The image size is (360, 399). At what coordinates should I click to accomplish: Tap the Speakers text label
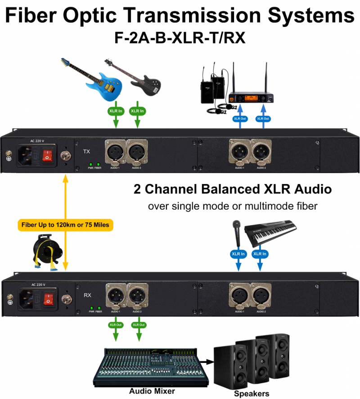point(252,394)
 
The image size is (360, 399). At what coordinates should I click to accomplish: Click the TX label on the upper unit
point(87,152)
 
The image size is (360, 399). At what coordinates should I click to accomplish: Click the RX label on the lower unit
point(88,296)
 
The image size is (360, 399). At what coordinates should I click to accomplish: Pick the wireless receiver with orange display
point(249,99)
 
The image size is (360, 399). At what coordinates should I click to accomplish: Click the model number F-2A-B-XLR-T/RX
point(180,38)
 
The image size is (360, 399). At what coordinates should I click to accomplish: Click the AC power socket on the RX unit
point(28,299)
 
